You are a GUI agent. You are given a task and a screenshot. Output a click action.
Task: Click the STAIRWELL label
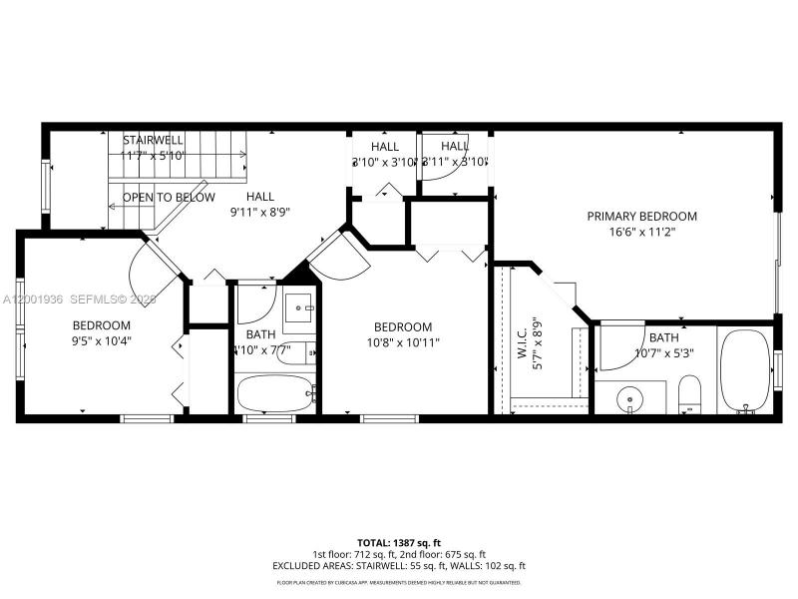coord(154,140)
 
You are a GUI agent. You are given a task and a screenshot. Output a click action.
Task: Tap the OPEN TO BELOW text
coord(169,198)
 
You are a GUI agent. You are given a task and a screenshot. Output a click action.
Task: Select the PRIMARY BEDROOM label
coord(641,216)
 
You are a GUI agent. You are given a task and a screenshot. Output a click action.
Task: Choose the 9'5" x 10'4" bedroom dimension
coord(101,340)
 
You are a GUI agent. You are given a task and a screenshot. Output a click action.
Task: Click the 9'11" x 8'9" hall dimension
coord(260,212)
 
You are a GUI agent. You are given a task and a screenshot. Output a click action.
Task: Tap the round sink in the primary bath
coord(628,400)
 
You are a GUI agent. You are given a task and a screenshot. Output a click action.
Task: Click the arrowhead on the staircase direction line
coord(113,205)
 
